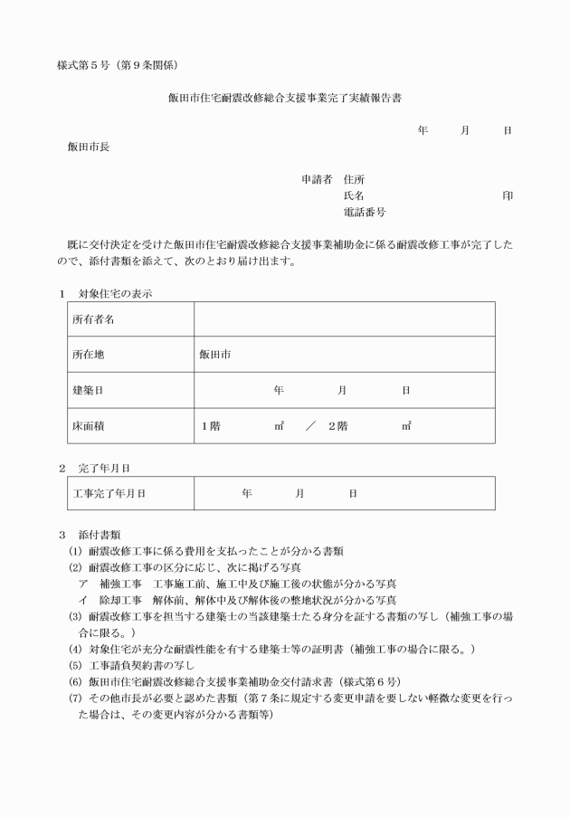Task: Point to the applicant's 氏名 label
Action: click(x=354, y=195)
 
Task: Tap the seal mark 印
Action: click(x=508, y=195)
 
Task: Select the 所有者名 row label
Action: click(x=93, y=319)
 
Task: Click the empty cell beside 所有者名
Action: click(x=344, y=319)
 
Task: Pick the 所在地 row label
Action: click(x=88, y=355)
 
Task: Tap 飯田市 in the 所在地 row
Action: click(x=215, y=355)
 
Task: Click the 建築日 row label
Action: click(x=88, y=390)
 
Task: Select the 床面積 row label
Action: click(x=88, y=425)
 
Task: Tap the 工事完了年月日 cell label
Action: click(x=109, y=493)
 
